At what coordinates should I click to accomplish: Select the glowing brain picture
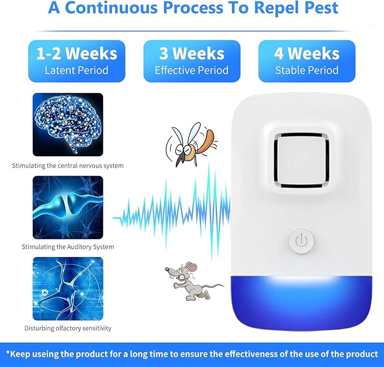tap(68, 124)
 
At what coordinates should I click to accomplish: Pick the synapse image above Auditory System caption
tap(68, 206)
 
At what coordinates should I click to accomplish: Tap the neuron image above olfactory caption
tap(68, 288)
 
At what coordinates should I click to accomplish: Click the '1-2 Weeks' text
tap(77, 54)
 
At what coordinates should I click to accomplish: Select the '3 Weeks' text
tap(191, 54)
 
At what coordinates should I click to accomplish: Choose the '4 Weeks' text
tap(307, 54)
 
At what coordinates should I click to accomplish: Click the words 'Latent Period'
tap(76, 71)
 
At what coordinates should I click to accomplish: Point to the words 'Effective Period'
tap(191, 71)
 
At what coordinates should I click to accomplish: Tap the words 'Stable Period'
tap(307, 71)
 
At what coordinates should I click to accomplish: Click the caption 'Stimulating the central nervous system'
tap(68, 166)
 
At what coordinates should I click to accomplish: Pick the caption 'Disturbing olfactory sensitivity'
tap(68, 328)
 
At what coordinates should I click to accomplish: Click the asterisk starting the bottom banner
tap(8, 353)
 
